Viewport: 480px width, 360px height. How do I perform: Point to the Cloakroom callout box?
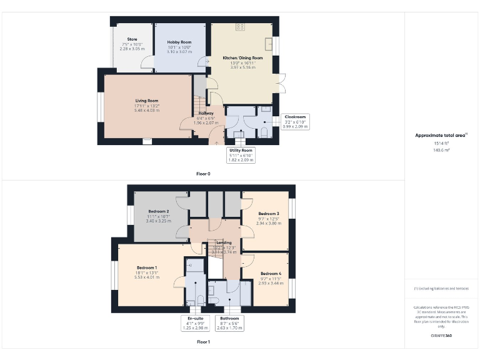295,121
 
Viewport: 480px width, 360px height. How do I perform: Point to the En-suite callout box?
194,322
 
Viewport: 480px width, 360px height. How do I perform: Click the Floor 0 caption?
203,174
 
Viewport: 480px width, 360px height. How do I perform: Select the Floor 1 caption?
203,342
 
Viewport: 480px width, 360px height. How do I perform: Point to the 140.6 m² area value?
442,150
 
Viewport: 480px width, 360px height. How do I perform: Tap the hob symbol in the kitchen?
240,27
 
